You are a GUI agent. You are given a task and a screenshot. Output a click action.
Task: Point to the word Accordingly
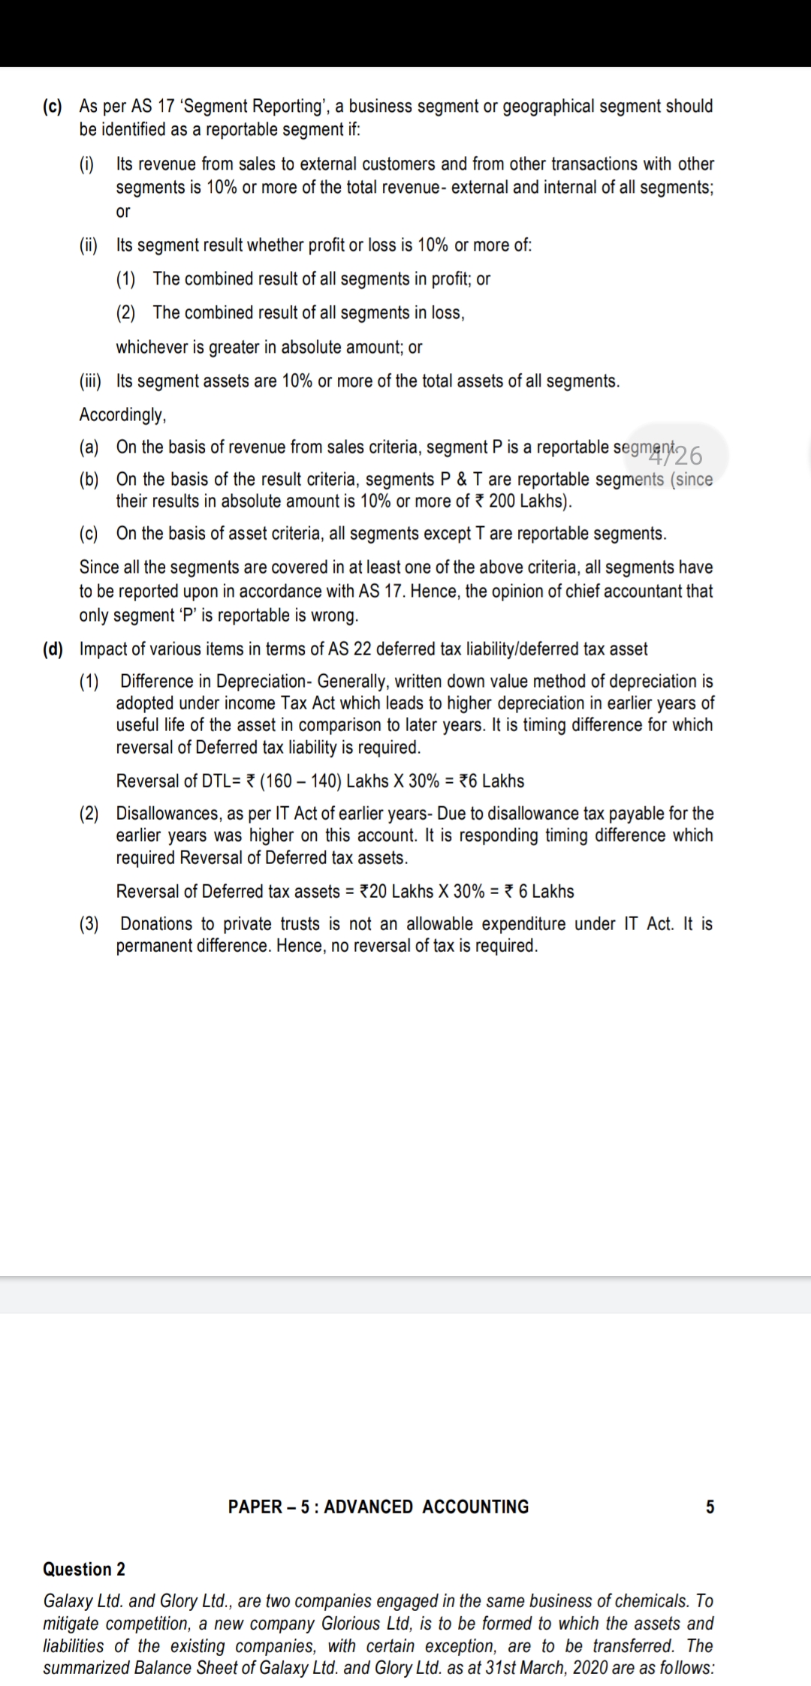tap(122, 414)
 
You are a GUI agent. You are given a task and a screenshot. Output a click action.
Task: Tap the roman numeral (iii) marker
tap(92, 381)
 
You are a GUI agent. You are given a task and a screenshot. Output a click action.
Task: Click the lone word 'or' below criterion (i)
tap(123, 212)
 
